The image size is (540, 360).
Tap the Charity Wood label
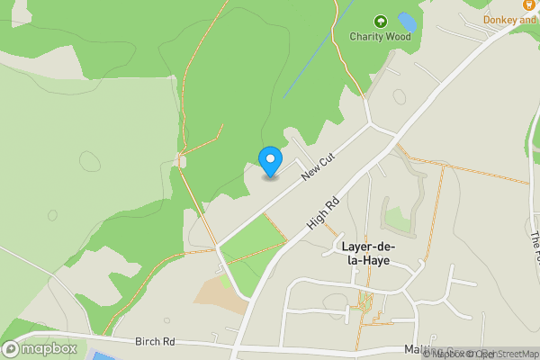coord(381,37)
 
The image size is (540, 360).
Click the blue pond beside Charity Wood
coord(407,21)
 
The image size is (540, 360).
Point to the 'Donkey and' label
coord(509,20)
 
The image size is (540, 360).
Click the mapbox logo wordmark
coord(49,348)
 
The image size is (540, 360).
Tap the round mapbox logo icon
coord(12,348)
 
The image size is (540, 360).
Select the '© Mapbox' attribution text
coord(446,354)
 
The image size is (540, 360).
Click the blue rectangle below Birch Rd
coord(103,356)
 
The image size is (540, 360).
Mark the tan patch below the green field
coord(221,292)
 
